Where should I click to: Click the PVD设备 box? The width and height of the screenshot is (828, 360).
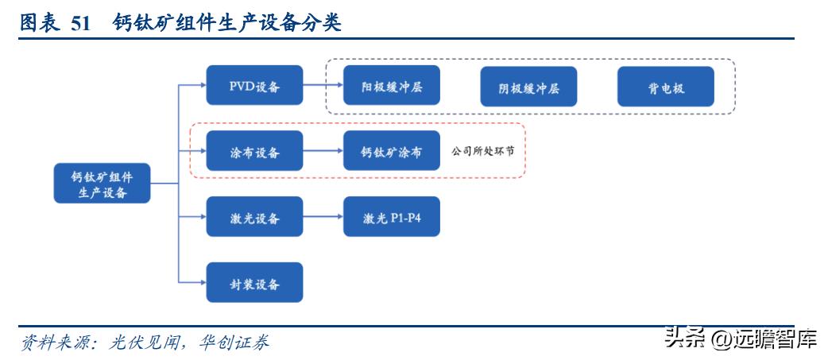click(x=254, y=86)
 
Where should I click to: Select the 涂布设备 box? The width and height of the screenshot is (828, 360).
click(x=254, y=151)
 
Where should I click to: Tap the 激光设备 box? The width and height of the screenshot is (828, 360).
click(x=254, y=217)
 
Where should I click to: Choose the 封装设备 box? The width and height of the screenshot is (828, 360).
click(x=254, y=282)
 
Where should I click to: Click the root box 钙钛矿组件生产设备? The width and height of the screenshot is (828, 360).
click(x=102, y=184)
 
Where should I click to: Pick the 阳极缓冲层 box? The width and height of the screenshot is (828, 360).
click(x=392, y=86)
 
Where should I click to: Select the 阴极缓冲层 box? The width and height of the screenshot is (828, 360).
click(x=528, y=87)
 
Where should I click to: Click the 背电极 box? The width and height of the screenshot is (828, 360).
click(x=666, y=87)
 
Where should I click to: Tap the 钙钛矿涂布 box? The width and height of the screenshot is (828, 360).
click(x=392, y=151)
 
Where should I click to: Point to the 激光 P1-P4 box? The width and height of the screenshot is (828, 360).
click(x=392, y=217)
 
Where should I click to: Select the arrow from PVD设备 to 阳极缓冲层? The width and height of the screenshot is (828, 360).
click(x=323, y=86)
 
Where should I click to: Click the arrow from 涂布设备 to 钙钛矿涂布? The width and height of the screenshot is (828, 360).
click(x=323, y=151)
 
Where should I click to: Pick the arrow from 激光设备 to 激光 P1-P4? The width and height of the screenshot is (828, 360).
click(x=323, y=217)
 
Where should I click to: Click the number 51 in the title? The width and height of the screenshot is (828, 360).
click(x=81, y=24)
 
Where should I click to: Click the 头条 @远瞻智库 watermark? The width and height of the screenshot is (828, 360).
click(x=740, y=339)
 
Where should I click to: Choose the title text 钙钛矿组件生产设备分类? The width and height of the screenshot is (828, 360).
click(x=227, y=24)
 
